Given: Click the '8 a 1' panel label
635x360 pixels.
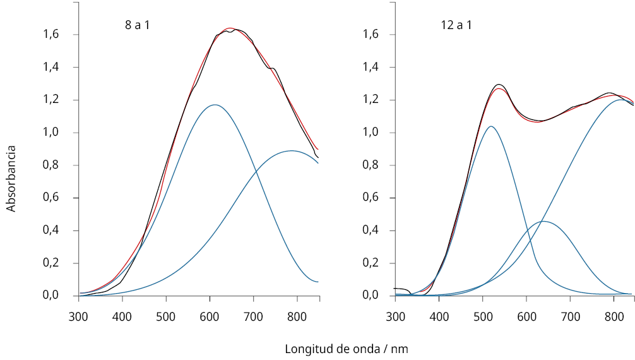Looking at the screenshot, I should click(x=137, y=26).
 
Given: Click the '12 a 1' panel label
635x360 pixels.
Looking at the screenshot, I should click(x=456, y=26).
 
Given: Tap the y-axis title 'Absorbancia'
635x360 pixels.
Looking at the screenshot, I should click(x=11, y=179).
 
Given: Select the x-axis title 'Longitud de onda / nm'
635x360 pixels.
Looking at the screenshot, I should click(x=351, y=349).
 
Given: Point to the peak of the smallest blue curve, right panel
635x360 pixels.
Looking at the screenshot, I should click(x=543, y=221).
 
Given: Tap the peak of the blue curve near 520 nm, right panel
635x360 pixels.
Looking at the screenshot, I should click(x=490, y=126).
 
